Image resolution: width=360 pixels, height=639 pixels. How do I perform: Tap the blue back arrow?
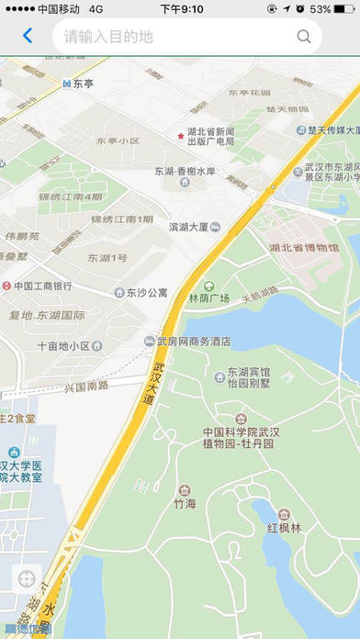point(27,37)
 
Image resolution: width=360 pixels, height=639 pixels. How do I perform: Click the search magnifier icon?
point(304,37)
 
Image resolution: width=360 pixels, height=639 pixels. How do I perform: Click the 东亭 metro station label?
point(84,83)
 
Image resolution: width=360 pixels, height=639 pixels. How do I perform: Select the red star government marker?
point(180,136)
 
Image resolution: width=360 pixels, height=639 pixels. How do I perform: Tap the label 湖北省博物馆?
point(303,248)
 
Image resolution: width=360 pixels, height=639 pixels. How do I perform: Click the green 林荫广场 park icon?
point(208,286)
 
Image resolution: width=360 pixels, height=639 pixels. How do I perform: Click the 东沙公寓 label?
point(147,293)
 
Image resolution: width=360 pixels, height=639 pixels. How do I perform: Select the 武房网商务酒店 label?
point(194,342)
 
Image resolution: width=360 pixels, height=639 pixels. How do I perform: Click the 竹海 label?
point(185,504)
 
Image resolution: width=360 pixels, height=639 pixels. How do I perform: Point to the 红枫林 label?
point(284,528)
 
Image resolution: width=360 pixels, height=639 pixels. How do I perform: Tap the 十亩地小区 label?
point(63,346)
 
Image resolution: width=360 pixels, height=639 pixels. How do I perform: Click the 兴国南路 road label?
point(86,387)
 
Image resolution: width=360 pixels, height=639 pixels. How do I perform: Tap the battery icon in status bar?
point(344,8)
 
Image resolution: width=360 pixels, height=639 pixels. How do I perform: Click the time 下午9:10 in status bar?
point(181,8)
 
